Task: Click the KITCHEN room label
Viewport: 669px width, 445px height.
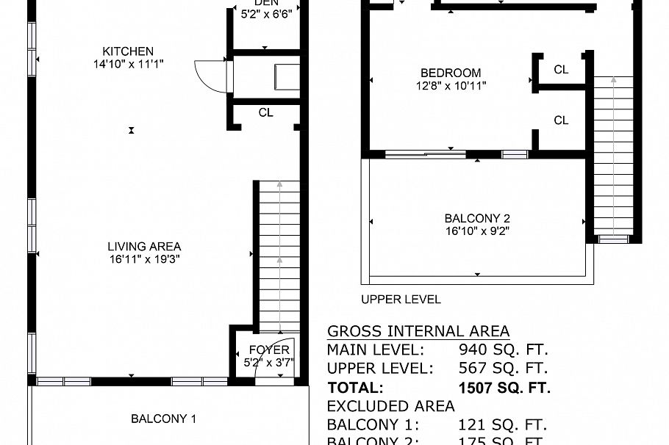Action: (128, 51)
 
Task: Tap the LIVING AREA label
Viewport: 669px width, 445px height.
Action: (144, 247)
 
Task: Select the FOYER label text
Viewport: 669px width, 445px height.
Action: (269, 350)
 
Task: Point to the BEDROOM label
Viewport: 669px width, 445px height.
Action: (451, 73)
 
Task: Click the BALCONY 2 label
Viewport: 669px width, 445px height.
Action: (477, 218)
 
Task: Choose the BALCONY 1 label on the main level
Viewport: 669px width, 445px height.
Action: (163, 419)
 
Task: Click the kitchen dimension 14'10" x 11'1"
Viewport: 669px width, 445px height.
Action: (128, 64)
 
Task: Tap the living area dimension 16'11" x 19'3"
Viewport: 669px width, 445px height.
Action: (144, 259)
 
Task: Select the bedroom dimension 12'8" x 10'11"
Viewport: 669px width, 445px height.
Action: (451, 85)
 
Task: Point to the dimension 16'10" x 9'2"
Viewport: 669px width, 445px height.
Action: (477, 231)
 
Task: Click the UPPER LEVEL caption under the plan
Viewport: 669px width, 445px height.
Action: (401, 300)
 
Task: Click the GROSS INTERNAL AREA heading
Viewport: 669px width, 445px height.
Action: (418, 331)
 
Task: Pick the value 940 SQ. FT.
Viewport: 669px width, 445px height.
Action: (504, 350)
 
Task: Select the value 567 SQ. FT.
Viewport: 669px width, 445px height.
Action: (504, 369)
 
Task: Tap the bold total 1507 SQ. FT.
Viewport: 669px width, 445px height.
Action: (504, 388)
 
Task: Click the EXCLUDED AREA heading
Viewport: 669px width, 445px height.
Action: (390, 406)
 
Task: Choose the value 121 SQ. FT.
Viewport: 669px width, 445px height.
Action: (504, 425)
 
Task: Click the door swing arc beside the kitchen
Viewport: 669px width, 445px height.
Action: (207, 76)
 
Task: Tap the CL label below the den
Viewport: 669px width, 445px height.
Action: (265, 113)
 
